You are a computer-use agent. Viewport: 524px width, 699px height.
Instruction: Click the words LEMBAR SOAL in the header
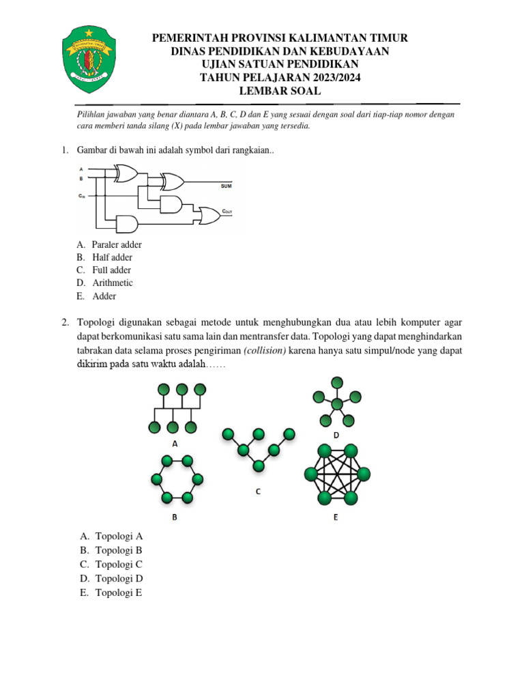[x=280, y=91]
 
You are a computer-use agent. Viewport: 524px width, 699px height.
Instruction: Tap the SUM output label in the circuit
[x=226, y=186]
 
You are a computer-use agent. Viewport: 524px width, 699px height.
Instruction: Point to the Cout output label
[x=227, y=212]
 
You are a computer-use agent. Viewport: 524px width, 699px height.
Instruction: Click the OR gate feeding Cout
[x=205, y=216]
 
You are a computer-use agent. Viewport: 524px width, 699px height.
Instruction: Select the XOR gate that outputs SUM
[x=171, y=182]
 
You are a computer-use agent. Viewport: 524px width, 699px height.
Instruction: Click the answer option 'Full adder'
[x=111, y=270]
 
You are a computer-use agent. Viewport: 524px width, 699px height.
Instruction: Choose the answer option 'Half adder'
[x=112, y=257]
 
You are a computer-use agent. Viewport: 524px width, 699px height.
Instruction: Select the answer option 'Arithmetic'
[x=113, y=283]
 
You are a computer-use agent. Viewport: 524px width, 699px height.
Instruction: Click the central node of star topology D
[x=336, y=405]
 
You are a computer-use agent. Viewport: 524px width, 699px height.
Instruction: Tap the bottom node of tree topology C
[x=259, y=466]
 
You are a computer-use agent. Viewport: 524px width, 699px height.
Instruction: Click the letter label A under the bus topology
[x=175, y=443]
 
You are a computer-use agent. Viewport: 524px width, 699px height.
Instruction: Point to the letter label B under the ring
[x=175, y=517]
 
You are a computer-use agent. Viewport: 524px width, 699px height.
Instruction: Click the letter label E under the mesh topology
[x=336, y=517]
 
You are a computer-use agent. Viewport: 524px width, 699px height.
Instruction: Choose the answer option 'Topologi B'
[x=118, y=550]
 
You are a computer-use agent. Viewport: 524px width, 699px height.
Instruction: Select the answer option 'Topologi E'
[x=118, y=593]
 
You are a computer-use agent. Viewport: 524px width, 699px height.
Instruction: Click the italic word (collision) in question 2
[x=264, y=350]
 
